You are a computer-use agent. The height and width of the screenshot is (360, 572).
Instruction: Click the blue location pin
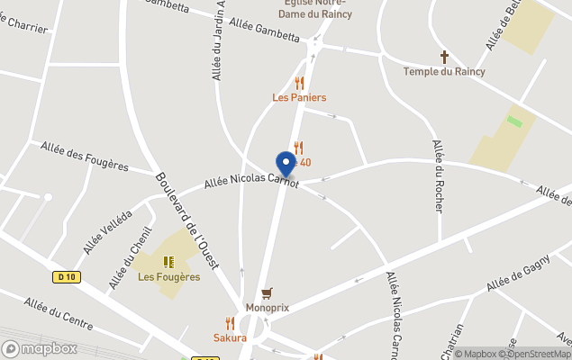point(286,163)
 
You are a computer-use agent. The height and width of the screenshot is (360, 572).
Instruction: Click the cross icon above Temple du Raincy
point(444,57)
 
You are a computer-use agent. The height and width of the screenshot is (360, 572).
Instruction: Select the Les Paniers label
point(299,97)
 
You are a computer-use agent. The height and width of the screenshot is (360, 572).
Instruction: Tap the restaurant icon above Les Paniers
point(299,83)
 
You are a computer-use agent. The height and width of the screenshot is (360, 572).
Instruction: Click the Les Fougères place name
point(168,276)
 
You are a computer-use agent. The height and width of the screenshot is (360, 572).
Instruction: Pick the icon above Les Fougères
point(168,262)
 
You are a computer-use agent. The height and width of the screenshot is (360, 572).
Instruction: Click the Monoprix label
point(267,307)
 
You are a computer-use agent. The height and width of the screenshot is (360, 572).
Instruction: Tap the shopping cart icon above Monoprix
point(267,293)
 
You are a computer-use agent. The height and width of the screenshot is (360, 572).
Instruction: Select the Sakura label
point(230,337)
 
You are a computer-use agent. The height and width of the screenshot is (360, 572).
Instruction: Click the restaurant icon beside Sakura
point(230,323)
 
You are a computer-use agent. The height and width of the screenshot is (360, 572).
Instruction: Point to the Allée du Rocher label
point(439,175)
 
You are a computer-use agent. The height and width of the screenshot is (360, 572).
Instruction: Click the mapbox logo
point(40,348)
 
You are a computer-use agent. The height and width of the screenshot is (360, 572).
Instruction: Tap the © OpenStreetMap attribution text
point(531,354)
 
